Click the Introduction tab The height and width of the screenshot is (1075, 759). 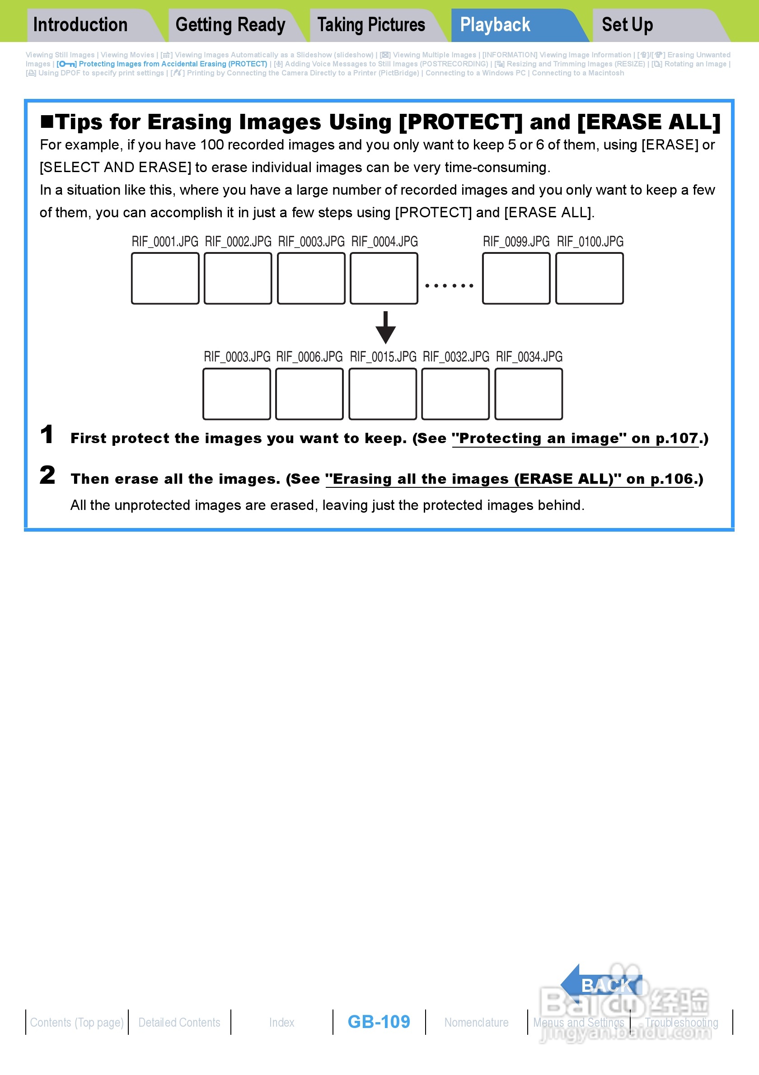(80, 25)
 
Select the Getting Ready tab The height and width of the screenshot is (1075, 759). (230, 25)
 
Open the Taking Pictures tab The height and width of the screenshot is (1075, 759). (371, 25)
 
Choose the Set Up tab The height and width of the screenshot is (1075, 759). (627, 25)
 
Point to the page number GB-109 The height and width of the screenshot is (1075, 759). (379, 1022)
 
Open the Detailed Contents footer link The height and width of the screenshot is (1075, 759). (179, 1023)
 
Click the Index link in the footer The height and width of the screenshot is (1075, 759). (281, 1023)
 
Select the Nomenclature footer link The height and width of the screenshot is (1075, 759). (476, 1023)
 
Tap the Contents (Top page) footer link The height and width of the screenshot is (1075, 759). (77, 1023)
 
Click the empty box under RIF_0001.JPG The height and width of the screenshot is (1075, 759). (165, 279)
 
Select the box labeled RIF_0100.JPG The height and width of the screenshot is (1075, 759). (590, 279)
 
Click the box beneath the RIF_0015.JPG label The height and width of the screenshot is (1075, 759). (383, 394)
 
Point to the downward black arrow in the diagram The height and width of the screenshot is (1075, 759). (385, 327)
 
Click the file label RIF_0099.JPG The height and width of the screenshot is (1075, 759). (516, 242)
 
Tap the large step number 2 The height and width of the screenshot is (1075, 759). (47, 475)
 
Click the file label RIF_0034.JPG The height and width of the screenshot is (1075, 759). (529, 357)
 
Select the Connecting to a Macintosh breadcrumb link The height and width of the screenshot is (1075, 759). (578, 73)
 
